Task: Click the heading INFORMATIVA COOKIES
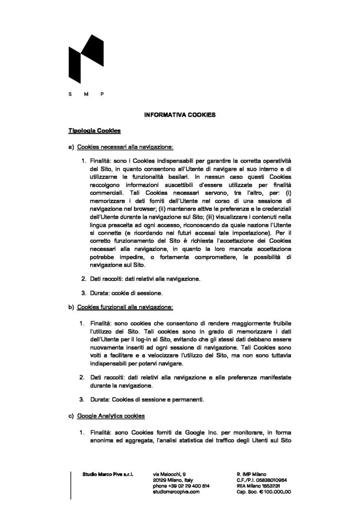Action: (x=180, y=114)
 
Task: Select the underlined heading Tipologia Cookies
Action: (x=94, y=131)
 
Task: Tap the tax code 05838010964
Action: (x=272, y=480)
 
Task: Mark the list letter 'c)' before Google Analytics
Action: (x=71, y=415)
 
